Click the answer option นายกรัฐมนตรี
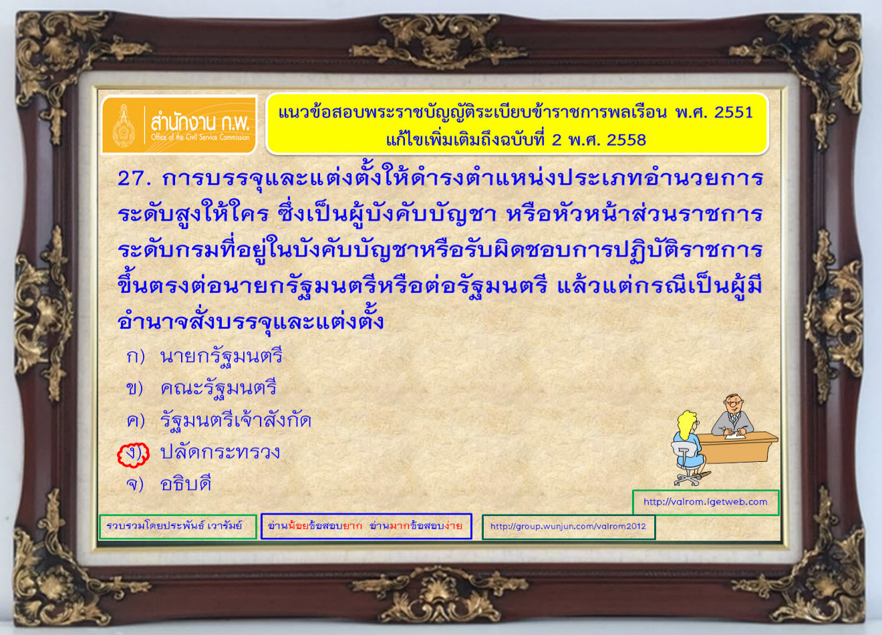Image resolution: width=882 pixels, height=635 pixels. (221, 357)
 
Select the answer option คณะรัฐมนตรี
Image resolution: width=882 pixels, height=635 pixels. (218, 388)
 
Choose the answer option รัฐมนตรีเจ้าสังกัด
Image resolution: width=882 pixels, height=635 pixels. (235, 420)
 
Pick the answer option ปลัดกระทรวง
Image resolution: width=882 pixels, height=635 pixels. (220, 452)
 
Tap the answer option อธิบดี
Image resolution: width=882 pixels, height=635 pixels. (186, 484)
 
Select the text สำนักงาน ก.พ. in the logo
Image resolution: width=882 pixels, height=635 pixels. (200, 122)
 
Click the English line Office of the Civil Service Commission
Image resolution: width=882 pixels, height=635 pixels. (200, 138)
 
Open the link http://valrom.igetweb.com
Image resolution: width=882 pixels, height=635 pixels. (705, 502)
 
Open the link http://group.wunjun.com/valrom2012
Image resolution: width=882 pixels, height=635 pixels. (568, 526)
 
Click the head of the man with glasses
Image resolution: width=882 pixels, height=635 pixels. (733, 405)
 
